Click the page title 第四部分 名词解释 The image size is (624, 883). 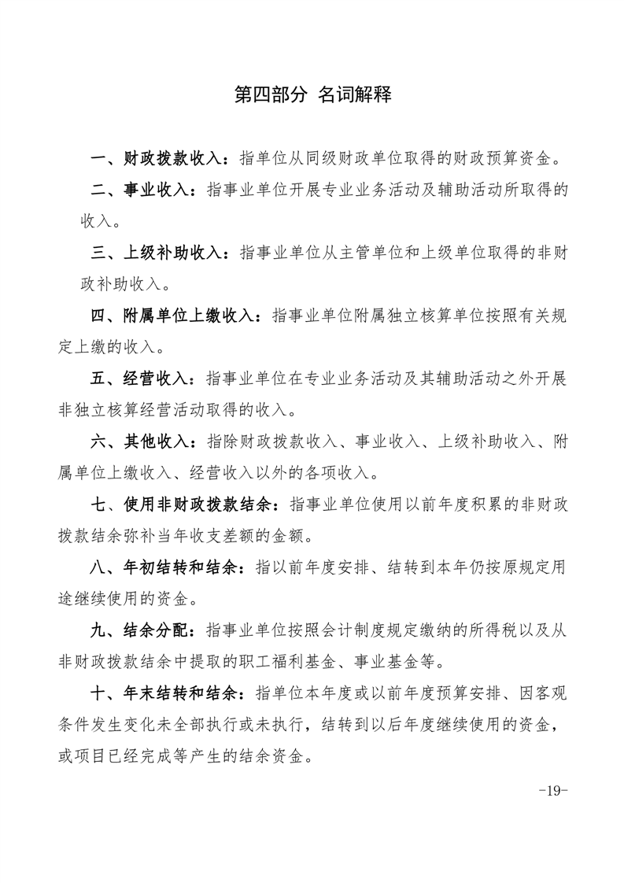pyautogui.click(x=312, y=96)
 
